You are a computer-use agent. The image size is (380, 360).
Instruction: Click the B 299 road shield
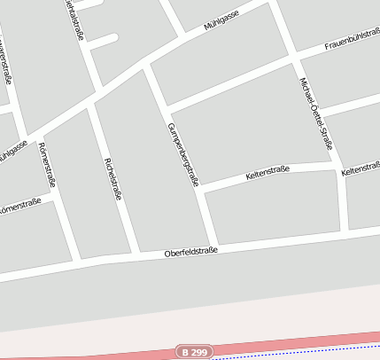pos(195,352)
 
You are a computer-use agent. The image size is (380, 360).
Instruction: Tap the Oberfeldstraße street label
pos(190,252)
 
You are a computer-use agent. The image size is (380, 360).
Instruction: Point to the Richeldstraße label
pos(112,178)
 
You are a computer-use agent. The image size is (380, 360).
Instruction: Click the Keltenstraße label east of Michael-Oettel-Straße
pos(361,168)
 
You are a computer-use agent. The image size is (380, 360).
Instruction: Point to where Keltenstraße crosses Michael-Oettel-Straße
pos(337,166)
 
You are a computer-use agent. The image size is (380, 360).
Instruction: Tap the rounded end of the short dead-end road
pos(114,38)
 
